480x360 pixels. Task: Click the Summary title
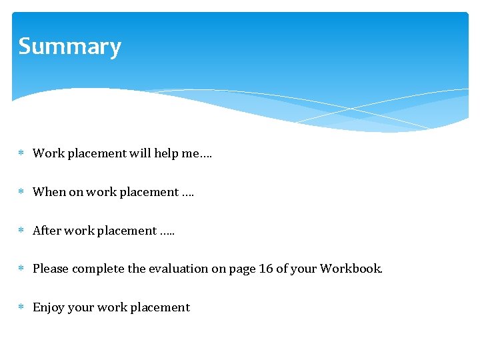[69, 47]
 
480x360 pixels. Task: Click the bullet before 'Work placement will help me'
[21, 153]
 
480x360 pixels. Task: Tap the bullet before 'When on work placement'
[21, 192]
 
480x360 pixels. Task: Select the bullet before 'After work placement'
[21, 231]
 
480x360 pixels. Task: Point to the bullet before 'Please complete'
[21, 269]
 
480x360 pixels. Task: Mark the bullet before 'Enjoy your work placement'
[21, 307]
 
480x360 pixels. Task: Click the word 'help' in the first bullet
[167, 153]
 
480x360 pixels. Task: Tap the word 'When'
[49, 192]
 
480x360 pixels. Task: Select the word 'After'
[47, 231]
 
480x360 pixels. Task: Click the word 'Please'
[51, 269]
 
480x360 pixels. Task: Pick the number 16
[265, 269]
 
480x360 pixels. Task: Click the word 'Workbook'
[351, 269]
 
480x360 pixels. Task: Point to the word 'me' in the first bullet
[191, 153]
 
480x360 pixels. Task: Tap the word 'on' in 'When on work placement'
[77, 192]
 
